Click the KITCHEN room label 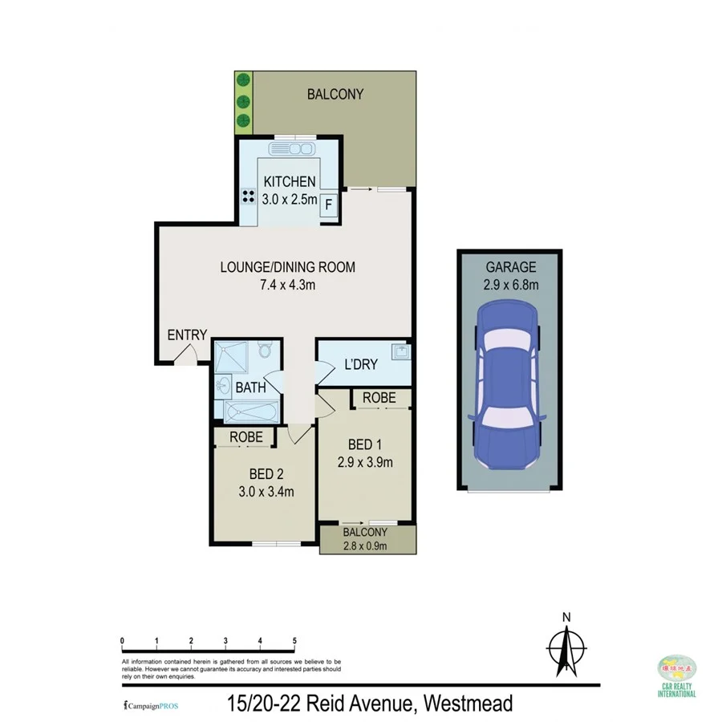[x=290, y=181]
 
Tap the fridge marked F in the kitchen [x=327, y=206]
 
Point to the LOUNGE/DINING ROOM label [x=287, y=267]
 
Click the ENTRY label [x=187, y=335]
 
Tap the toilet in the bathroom [x=266, y=351]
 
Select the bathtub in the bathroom [x=250, y=412]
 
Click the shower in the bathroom [x=231, y=355]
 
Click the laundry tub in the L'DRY [x=399, y=351]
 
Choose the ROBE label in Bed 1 [x=379, y=397]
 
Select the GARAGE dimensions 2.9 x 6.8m [x=510, y=285]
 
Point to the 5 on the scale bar [x=295, y=640]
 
